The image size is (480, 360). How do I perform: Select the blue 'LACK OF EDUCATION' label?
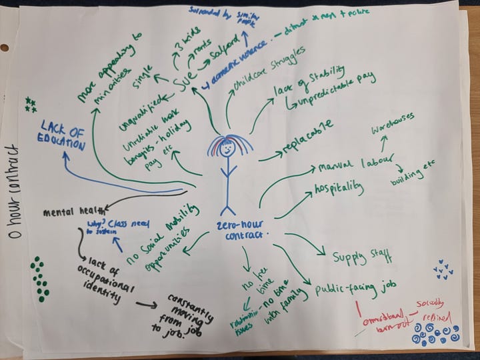click(x=61, y=135)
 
